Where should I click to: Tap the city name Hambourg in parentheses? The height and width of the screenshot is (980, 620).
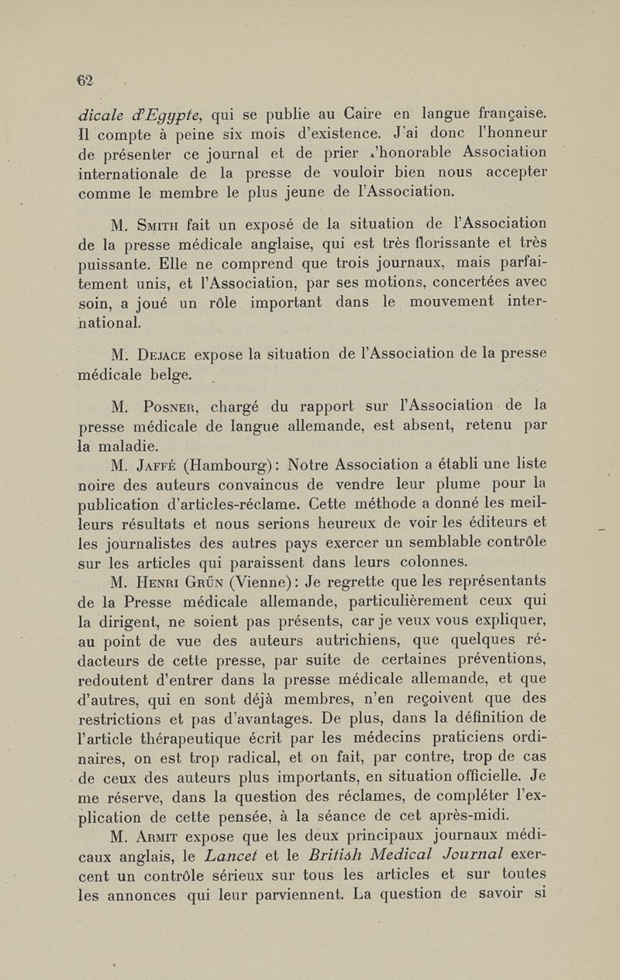tap(243, 465)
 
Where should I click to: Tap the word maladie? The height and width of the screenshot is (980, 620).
tap(122, 445)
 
